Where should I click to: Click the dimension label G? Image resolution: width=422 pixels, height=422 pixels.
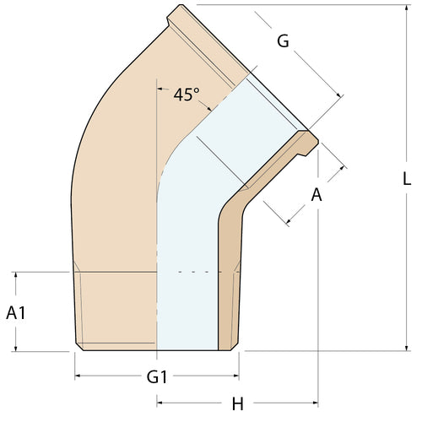tap(283, 40)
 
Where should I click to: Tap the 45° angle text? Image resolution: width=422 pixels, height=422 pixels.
tap(187, 95)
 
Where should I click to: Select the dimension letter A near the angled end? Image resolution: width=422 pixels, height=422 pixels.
tap(316, 195)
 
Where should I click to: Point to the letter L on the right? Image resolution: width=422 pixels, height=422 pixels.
tap(406, 179)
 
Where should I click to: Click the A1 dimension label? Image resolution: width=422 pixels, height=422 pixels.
tap(16, 312)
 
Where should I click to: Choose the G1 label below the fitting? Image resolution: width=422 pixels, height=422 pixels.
tap(157, 376)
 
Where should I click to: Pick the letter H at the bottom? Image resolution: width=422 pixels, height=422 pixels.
tap(237, 404)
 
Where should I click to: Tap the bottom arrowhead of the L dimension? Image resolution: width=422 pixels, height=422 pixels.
tap(406, 346)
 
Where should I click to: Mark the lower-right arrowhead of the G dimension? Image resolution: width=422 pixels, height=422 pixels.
tap(339, 97)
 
